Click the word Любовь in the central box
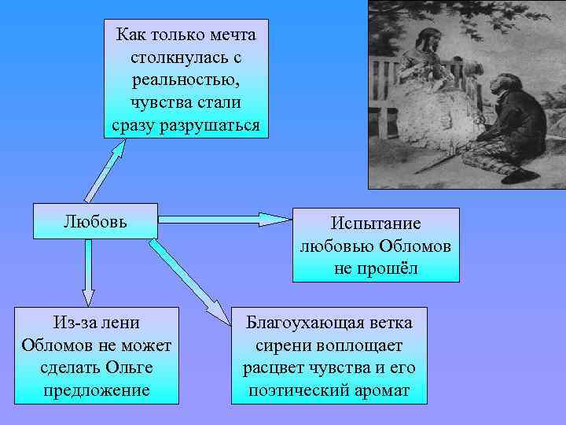[x=94, y=220]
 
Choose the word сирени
[x=282, y=345]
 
